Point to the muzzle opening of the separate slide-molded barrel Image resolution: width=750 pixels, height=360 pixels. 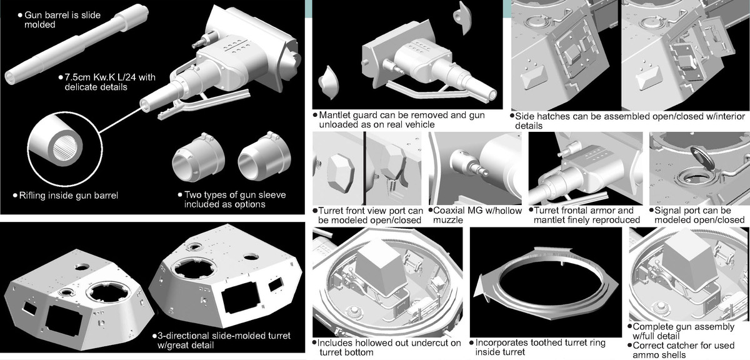point(9,77)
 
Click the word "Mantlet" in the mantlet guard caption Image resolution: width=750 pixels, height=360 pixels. point(336,115)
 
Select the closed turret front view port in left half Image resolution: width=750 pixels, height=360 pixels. point(340,174)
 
